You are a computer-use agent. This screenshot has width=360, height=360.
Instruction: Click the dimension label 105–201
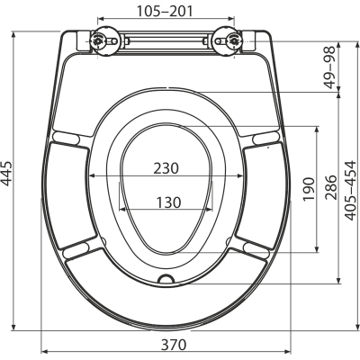point(165,11)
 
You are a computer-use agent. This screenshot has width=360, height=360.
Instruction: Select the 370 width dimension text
point(174,345)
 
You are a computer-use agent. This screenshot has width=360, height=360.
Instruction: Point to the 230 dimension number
point(166,168)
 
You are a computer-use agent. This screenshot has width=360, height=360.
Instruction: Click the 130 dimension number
point(168,202)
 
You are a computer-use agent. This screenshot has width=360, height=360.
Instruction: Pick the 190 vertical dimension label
point(308,189)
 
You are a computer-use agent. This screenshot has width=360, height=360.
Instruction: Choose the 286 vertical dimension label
point(331,187)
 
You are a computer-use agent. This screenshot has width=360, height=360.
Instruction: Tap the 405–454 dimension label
point(350,191)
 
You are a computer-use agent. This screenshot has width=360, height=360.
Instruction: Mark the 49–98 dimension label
point(331,67)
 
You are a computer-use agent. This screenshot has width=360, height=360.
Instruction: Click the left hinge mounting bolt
point(97,40)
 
